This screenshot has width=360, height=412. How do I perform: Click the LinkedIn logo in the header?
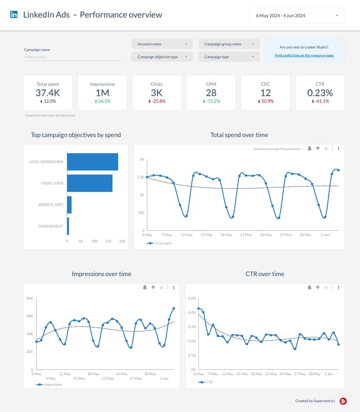(14, 15)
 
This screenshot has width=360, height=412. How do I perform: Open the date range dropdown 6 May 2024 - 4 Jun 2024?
(297, 16)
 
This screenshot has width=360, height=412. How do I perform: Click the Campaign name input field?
(72, 57)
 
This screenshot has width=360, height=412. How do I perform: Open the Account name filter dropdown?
(162, 44)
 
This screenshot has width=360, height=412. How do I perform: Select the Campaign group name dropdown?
(229, 44)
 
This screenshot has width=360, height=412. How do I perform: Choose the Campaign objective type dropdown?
(162, 57)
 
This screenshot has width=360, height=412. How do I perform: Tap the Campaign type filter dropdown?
(229, 57)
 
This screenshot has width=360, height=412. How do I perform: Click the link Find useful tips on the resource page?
(304, 55)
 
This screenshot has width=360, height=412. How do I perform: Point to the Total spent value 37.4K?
(48, 93)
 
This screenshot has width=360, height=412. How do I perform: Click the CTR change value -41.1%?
(321, 101)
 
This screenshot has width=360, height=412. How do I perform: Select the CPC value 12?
(266, 93)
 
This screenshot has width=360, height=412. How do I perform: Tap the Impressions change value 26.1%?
(103, 101)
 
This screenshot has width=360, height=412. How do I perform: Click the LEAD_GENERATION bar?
(92, 162)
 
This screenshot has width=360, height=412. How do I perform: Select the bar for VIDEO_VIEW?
(90, 183)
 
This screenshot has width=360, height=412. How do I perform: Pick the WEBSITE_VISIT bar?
(69, 204)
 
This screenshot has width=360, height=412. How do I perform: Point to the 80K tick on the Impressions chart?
(30, 298)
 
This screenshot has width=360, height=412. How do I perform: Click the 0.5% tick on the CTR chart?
(191, 298)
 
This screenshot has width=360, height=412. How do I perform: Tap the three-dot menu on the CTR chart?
(339, 288)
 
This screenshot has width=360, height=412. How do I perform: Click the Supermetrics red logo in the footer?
(343, 401)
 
